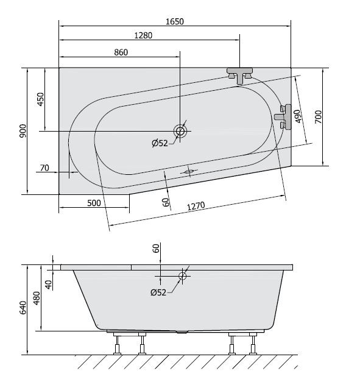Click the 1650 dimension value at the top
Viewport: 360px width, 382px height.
pyautogui.click(x=174, y=21)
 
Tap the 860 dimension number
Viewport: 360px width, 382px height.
pyautogui.click(x=121, y=52)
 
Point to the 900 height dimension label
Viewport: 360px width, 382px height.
pyautogui.click(x=23, y=131)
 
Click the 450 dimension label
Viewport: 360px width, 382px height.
pyautogui.click(x=41, y=99)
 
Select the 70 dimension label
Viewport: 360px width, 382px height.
pyautogui.click(x=44, y=168)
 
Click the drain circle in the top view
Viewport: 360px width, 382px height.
pyautogui.click(x=180, y=130)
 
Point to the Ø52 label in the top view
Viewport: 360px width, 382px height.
pyautogui.click(x=160, y=144)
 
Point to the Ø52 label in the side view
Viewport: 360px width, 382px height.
pyautogui.click(x=158, y=293)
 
